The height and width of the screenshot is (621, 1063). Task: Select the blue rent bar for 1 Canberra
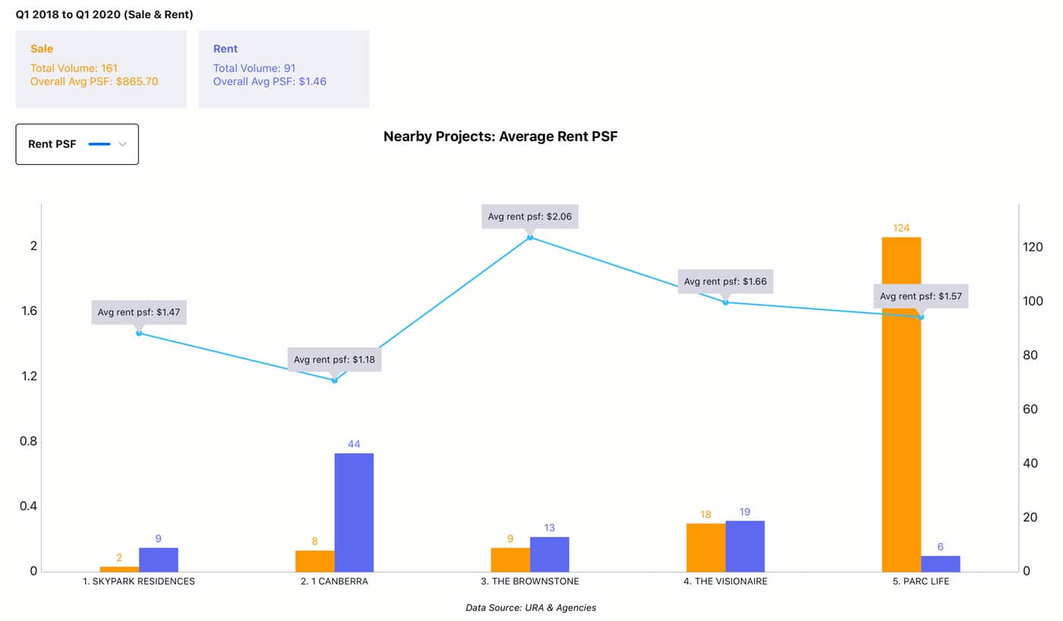tap(354, 512)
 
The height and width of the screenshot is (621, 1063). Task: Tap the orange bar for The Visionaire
tap(705, 547)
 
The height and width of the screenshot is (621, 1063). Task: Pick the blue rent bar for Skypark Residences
tap(158, 560)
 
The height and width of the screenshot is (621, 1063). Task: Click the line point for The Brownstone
tap(530, 237)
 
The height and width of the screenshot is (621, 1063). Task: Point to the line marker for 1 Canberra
tap(334, 380)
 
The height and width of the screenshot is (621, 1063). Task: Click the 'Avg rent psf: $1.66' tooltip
tap(725, 282)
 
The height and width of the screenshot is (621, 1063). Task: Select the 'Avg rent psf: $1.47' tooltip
tap(139, 312)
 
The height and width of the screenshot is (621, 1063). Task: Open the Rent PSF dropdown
tap(77, 144)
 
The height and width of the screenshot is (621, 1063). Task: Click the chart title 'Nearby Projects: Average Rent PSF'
tap(500, 137)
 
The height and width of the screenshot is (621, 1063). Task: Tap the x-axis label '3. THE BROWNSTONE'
tap(530, 582)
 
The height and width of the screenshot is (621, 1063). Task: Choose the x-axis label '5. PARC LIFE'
tap(921, 582)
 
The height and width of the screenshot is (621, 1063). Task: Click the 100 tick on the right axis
tap(1033, 301)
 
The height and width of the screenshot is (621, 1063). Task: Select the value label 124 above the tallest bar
tap(901, 228)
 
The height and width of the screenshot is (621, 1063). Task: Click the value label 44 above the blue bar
tap(354, 443)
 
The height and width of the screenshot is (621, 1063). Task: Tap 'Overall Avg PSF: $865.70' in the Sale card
tap(94, 81)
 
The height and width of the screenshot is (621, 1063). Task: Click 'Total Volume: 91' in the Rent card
tap(254, 68)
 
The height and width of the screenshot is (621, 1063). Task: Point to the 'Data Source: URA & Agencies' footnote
tap(531, 607)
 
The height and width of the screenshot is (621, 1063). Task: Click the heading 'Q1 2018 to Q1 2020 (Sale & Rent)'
tap(104, 14)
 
